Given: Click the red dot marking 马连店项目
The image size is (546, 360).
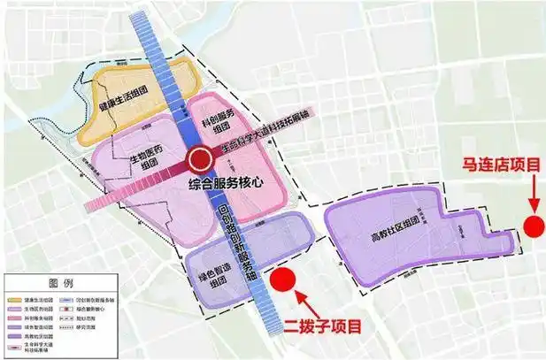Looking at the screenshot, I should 534,225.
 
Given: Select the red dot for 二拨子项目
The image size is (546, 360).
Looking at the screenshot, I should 282,280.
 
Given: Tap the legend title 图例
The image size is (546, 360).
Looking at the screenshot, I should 61,283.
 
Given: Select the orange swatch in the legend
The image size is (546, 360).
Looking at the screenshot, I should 13,301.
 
